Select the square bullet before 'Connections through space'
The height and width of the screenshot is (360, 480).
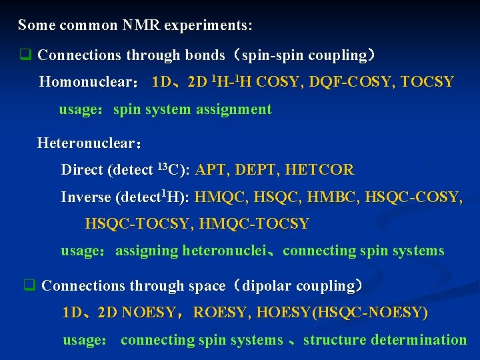coord(29,286)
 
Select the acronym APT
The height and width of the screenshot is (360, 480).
coord(211,170)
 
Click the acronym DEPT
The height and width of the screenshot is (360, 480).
coord(257,170)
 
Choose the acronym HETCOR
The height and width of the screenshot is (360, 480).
coord(319,170)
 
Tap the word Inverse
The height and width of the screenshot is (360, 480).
coord(86,197)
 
